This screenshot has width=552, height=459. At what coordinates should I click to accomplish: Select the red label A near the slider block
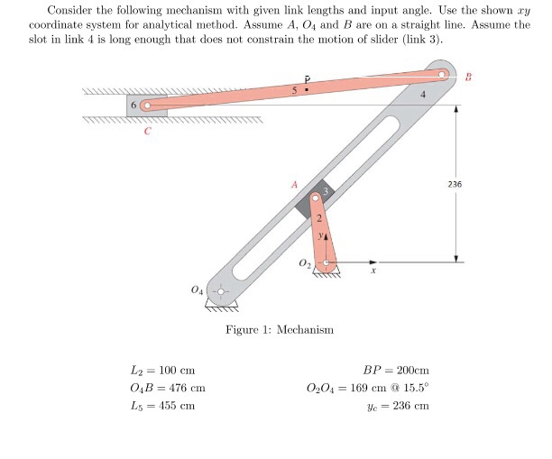click(293, 184)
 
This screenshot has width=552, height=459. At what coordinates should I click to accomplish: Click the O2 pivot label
click(304, 263)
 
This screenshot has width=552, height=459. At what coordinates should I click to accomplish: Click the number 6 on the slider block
click(133, 106)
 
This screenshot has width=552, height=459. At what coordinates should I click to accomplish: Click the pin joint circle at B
click(442, 76)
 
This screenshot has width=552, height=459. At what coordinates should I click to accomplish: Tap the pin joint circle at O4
click(218, 292)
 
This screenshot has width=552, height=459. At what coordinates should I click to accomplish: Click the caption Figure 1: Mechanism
click(280, 330)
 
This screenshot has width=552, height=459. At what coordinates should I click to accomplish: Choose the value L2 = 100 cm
click(163, 371)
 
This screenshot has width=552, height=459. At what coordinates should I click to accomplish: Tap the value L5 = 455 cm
click(163, 405)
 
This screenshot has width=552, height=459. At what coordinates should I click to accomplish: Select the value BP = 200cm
click(395, 371)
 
